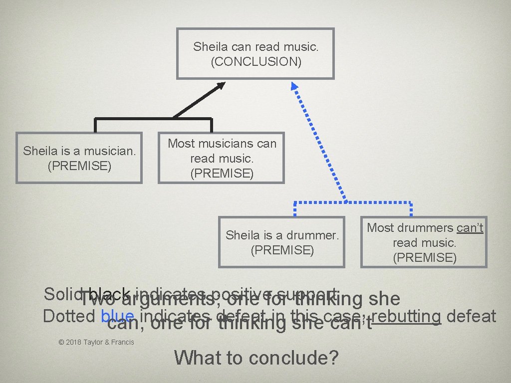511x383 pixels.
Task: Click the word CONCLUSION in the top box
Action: coord(255,62)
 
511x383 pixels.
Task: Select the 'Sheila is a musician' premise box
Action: coord(79,158)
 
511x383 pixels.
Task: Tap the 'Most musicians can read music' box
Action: coord(222,158)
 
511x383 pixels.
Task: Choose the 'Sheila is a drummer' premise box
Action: coord(282,242)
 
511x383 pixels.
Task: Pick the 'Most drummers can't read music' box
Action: coord(424,242)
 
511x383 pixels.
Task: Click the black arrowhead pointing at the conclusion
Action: coord(220,87)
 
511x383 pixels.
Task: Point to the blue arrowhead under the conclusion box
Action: coord(295,86)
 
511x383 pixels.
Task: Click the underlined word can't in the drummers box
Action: coord(470,228)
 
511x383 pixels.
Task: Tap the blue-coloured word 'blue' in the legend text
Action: coord(117,317)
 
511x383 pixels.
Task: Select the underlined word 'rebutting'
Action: coord(406,316)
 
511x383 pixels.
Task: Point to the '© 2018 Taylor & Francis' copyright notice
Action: coord(96,342)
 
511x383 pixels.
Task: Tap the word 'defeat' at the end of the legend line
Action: coord(472,316)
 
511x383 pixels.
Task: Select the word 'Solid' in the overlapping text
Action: coord(59,294)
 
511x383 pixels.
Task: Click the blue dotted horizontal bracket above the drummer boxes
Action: coord(353,203)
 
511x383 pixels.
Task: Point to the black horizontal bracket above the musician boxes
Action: coord(153,119)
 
